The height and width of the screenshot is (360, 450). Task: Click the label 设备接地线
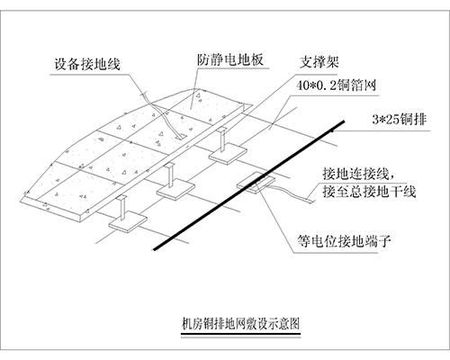pyautogui.click(x=85, y=64)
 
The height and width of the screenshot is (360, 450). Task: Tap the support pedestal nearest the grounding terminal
pyautogui.click(x=221, y=153)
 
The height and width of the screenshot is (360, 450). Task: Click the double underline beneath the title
pyautogui.click(x=239, y=335)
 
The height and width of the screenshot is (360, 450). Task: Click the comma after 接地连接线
pyautogui.click(x=389, y=174)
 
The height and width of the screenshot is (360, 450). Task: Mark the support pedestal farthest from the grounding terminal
pyautogui.click(x=120, y=216)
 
